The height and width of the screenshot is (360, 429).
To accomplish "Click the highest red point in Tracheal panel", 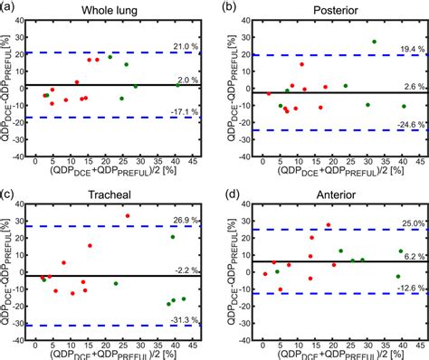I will (x=128, y=216).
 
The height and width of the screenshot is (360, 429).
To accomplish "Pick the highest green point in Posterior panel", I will (x=374, y=42).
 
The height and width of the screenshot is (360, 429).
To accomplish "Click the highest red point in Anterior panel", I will (x=328, y=225).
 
